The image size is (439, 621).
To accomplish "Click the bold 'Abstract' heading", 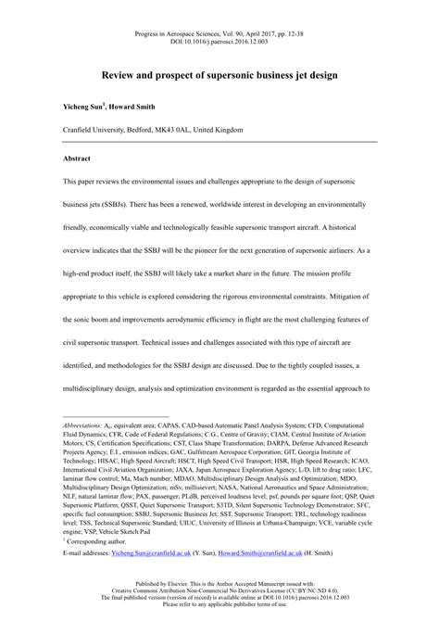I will click(52, 158).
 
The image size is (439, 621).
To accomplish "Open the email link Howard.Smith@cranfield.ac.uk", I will click(284, 551).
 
